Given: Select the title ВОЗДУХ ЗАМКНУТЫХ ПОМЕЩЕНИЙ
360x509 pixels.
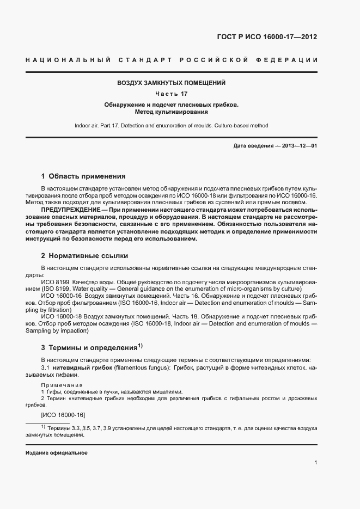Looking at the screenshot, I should click(172, 83).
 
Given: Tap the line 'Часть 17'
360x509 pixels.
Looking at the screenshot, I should click(172, 94).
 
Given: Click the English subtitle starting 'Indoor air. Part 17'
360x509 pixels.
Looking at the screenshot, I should click(172, 126).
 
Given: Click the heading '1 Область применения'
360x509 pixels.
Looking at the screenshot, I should click(83, 176).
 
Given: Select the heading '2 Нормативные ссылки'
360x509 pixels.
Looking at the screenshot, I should click(84, 255).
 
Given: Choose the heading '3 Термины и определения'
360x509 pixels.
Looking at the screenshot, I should click(89, 347).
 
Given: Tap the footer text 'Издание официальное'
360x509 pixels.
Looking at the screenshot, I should click(56, 453).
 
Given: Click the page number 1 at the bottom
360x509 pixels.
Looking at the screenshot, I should click(315, 463).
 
